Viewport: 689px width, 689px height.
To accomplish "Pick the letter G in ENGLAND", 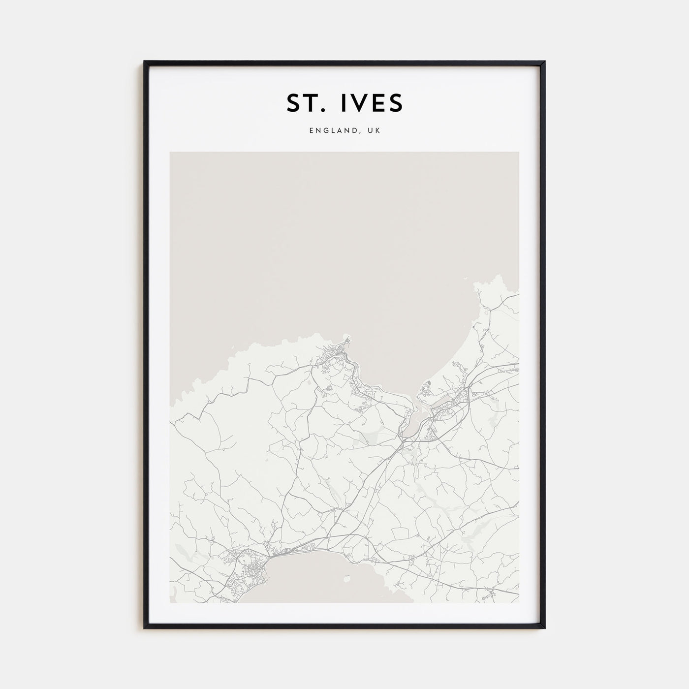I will [x=324, y=131].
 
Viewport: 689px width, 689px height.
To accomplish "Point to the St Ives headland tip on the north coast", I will [x=348, y=338].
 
